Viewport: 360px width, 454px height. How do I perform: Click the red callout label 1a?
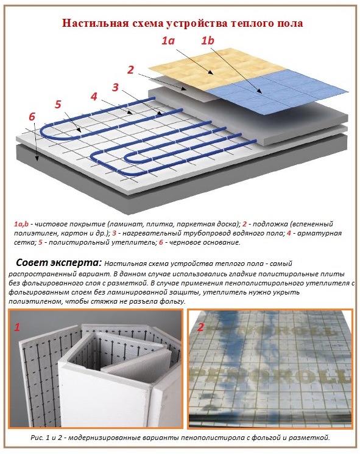[168, 41]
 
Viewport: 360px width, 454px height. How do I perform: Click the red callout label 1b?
[208, 41]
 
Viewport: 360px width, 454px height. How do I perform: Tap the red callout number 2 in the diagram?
[130, 69]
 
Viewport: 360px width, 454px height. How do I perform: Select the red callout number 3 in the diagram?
[115, 87]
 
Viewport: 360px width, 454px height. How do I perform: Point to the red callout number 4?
[93, 96]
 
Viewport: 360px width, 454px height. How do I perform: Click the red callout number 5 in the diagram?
[58, 104]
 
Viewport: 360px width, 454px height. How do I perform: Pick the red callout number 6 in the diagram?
[32, 116]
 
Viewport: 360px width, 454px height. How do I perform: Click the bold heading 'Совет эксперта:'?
[58, 263]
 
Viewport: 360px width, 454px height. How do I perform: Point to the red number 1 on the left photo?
[17, 327]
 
